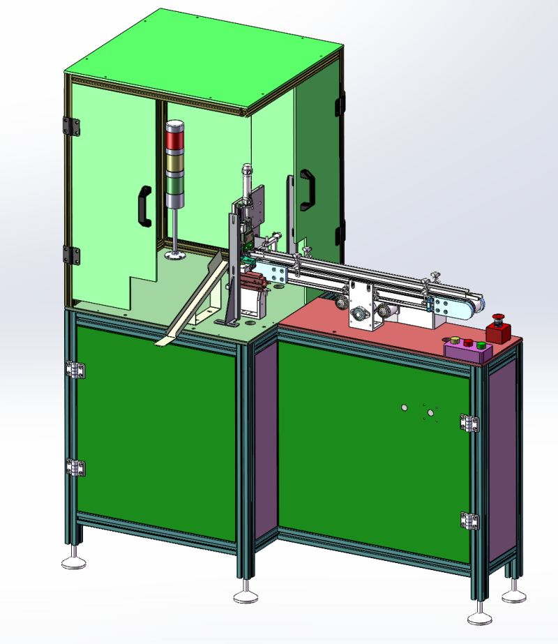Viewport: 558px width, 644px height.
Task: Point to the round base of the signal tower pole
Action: pos(174,255)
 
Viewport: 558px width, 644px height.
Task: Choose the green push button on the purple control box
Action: pos(468,343)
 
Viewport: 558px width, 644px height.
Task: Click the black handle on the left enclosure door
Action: pos(145,205)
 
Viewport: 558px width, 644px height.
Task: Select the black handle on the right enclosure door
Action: pos(307,190)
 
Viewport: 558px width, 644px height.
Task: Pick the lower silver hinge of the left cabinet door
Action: pos(76,467)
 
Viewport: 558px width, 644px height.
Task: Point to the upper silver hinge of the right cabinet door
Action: pos(469,423)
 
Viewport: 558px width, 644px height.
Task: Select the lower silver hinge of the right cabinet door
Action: pos(469,521)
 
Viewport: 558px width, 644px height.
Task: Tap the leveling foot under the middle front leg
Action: pos(245,595)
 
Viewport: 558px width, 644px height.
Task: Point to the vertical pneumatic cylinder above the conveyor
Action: pos(246,183)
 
